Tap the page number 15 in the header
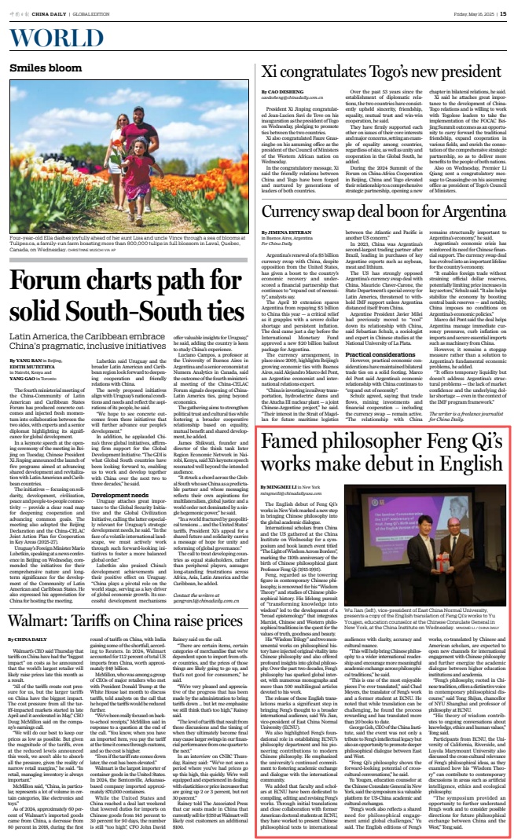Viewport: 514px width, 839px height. (x=503, y=11)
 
